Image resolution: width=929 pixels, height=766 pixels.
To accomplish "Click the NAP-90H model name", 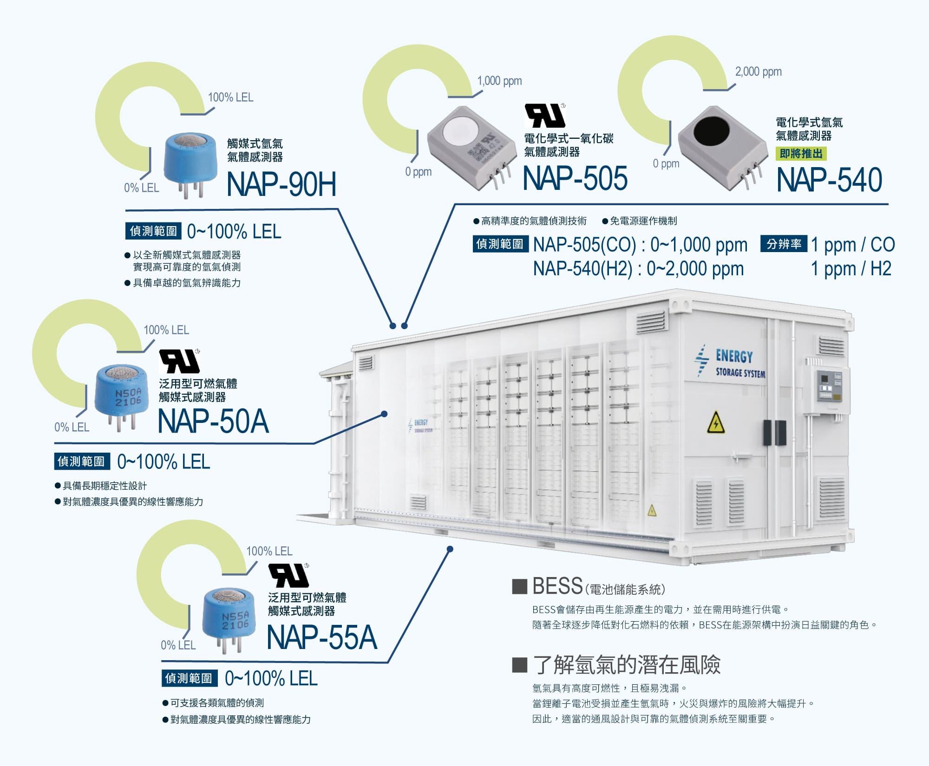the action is tap(281, 184).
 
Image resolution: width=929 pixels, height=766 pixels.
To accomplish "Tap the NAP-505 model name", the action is tap(575, 178).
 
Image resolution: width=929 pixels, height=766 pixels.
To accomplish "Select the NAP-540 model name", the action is tap(829, 180).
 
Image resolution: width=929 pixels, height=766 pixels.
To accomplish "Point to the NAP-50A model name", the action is tap(213, 422).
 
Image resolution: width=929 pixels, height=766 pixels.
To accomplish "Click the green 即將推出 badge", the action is tap(801, 154).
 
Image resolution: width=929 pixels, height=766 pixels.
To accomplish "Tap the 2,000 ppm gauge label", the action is tap(759, 72).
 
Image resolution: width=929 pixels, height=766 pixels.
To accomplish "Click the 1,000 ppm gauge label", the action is tap(500, 81).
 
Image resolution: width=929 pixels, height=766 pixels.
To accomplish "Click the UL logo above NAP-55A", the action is tap(289, 576).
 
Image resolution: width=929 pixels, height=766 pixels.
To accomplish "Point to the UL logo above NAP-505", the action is tap(545, 116).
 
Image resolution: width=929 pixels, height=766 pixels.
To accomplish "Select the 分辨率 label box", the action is tap(784, 244).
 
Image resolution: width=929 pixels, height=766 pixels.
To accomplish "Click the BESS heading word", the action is tap(557, 586).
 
